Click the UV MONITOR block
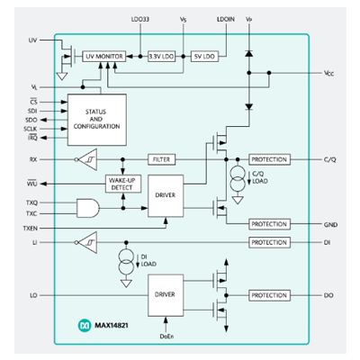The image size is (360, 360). point(103,56)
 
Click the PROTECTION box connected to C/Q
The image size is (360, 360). point(269,159)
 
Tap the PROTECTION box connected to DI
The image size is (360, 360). point(269,242)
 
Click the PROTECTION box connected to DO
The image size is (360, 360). point(269,295)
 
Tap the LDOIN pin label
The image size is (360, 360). point(227,17)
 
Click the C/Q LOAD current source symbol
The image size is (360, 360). point(237,177)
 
